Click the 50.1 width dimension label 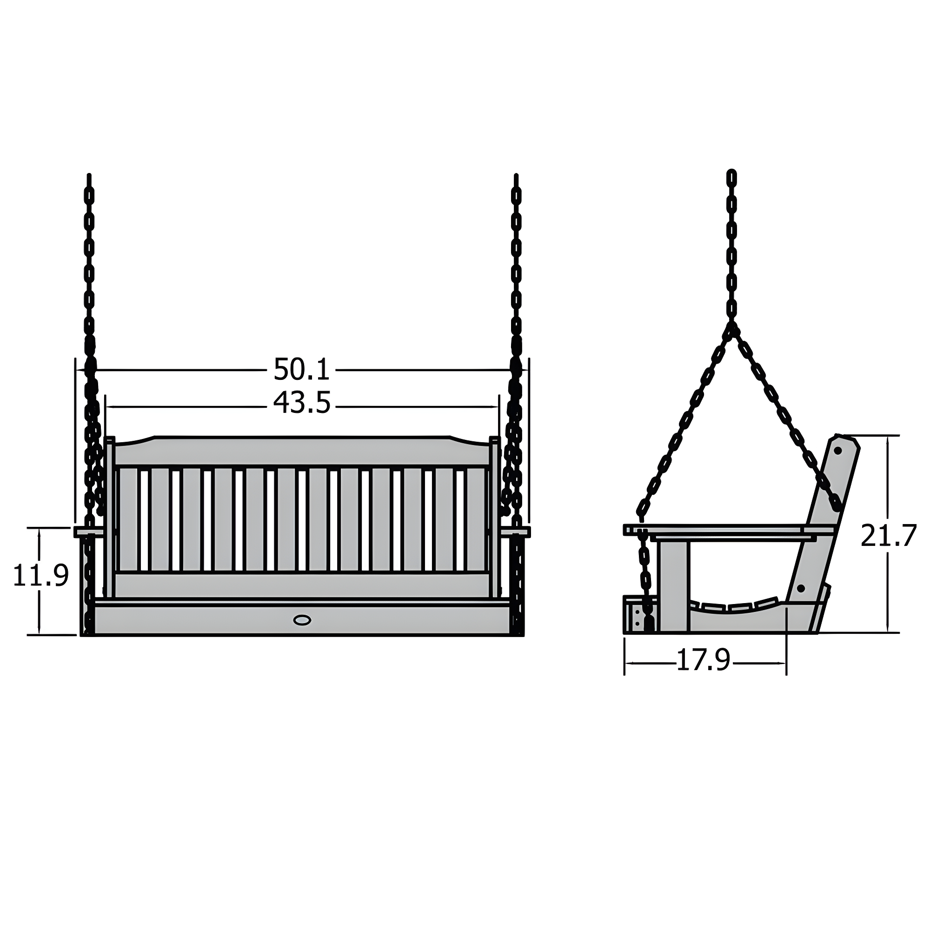pyautogui.click(x=301, y=370)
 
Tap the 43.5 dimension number pyautogui.click(x=302, y=403)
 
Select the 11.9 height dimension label pyautogui.click(x=41, y=576)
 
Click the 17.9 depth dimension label pyautogui.click(x=703, y=660)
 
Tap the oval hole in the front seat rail pyautogui.click(x=302, y=620)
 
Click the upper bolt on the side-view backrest pyautogui.click(x=837, y=451)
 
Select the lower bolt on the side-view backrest pyautogui.click(x=801, y=588)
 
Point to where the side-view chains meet pyautogui.click(x=731, y=327)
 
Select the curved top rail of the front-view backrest pyautogui.click(x=302, y=450)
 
